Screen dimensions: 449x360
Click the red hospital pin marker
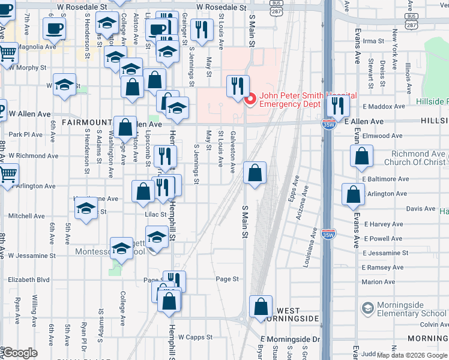click(250, 98)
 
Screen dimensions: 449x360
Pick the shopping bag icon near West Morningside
click(261, 307)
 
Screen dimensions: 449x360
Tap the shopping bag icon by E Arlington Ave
click(353, 194)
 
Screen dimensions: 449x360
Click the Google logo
click(20, 353)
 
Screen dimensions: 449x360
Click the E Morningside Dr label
click(294, 339)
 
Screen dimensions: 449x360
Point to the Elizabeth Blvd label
click(28, 280)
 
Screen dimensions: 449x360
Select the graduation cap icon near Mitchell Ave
click(86, 208)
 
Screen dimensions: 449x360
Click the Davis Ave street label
click(420, 209)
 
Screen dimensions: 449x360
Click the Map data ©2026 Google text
click(415, 355)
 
